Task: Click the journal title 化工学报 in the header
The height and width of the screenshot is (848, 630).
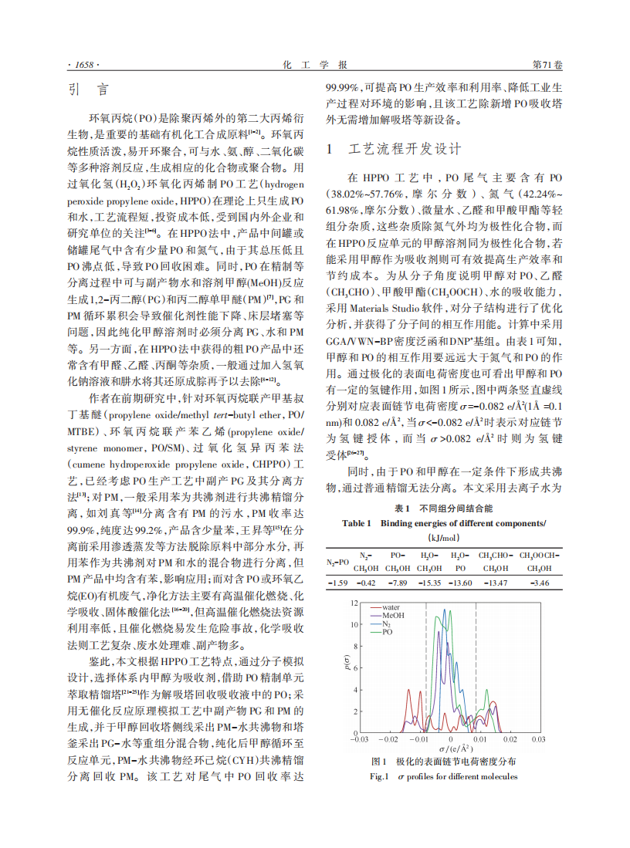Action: [315, 63]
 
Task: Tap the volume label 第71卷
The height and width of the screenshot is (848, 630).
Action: [547, 63]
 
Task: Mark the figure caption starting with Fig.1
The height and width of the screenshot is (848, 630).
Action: [443, 776]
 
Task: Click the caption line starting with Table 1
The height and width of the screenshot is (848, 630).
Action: [443, 524]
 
